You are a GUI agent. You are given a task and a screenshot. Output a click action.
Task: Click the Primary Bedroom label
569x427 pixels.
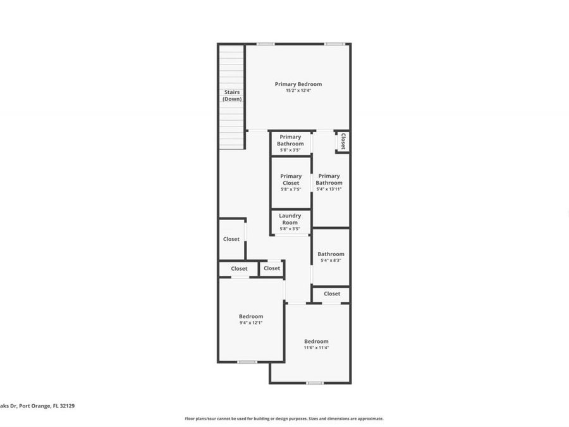[298, 84]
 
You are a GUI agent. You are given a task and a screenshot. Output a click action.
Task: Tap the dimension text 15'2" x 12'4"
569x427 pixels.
[298, 90]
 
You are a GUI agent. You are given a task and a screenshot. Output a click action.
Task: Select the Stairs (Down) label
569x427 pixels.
[232, 96]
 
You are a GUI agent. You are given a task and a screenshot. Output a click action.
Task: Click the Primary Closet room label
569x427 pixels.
[291, 180]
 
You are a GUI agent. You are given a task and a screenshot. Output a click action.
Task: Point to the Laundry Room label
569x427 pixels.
[290, 219]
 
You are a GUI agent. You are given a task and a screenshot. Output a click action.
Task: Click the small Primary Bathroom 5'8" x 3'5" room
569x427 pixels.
[290, 144]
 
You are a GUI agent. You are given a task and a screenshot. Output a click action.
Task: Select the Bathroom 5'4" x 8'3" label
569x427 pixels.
[331, 257]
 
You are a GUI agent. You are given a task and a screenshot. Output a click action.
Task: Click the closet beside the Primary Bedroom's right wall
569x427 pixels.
[343, 141]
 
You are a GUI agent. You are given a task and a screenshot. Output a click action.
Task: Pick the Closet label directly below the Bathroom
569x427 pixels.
[332, 294]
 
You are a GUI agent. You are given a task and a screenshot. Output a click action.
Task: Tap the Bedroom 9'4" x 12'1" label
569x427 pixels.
[251, 319]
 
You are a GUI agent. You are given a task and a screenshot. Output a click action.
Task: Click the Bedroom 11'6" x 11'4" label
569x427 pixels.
[316, 344]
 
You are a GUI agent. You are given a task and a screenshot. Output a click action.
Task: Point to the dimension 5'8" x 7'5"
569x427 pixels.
[291, 189]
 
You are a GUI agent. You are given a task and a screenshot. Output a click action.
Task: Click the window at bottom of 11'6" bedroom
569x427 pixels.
[315, 383]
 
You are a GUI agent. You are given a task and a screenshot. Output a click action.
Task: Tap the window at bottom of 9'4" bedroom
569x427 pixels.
[247, 362]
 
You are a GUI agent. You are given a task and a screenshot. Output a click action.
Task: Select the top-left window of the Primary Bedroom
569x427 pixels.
[266, 44]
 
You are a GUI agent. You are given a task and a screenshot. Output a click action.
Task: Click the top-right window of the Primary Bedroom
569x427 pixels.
[334, 44]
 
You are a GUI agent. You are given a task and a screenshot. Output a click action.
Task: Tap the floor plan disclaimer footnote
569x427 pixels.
[284, 418]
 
